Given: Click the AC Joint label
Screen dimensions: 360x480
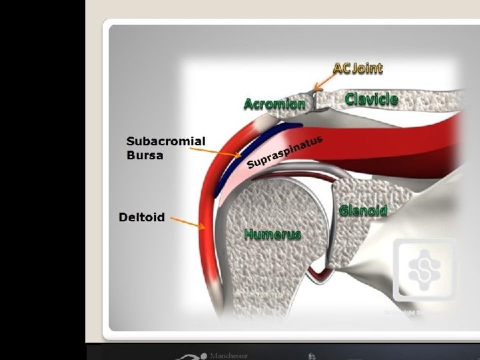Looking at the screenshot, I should click(x=357, y=68).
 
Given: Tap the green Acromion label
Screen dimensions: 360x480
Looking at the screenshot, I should click(x=274, y=104).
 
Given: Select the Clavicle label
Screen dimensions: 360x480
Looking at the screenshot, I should click(x=371, y=99).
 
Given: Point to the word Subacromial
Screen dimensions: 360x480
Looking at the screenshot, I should click(x=166, y=141).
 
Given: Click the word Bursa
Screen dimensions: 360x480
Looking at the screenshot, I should click(x=145, y=155).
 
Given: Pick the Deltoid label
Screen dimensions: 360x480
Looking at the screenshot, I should click(x=141, y=217).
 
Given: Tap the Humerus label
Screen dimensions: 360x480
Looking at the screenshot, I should click(x=272, y=234).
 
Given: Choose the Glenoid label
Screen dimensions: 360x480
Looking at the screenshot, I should click(x=363, y=211).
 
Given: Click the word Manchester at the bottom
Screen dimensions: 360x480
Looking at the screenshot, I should click(x=228, y=355).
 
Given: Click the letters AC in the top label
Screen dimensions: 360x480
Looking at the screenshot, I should click(x=341, y=68).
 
